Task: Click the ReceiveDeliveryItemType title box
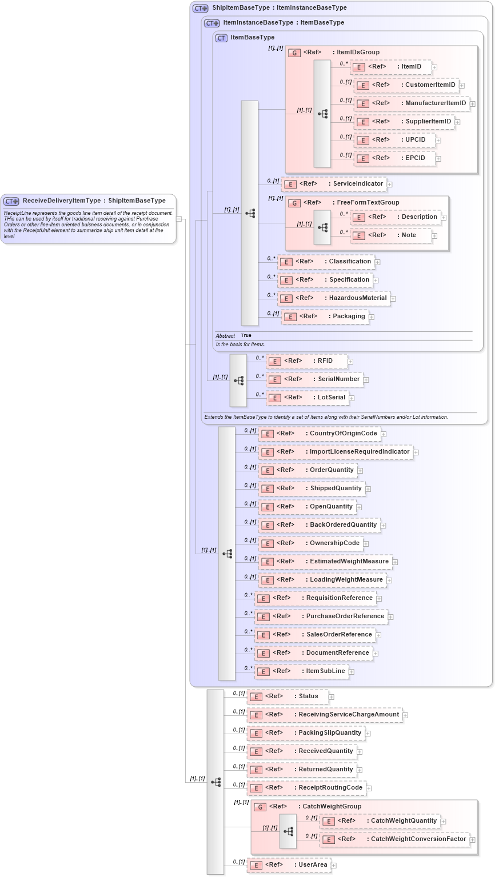pyautogui.click(x=89, y=201)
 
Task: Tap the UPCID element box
pyautogui.click(x=394, y=140)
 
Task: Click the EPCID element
pyautogui.click(x=394, y=158)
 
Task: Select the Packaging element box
pyautogui.click(x=324, y=317)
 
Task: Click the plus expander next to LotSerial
pyautogui.click(x=352, y=398)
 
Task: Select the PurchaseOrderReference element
pyautogui.click(x=321, y=616)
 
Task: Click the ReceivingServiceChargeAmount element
pyautogui.click(x=324, y=715)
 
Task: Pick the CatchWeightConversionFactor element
pyautogui.click(x=395, y=839)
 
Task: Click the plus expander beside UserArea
pyautogui.click(x=334, y=866)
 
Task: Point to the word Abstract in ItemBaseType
pyautogui.click(x=225, y=335)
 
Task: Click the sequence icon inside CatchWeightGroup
pyautogui.click(x=288, y=831)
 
